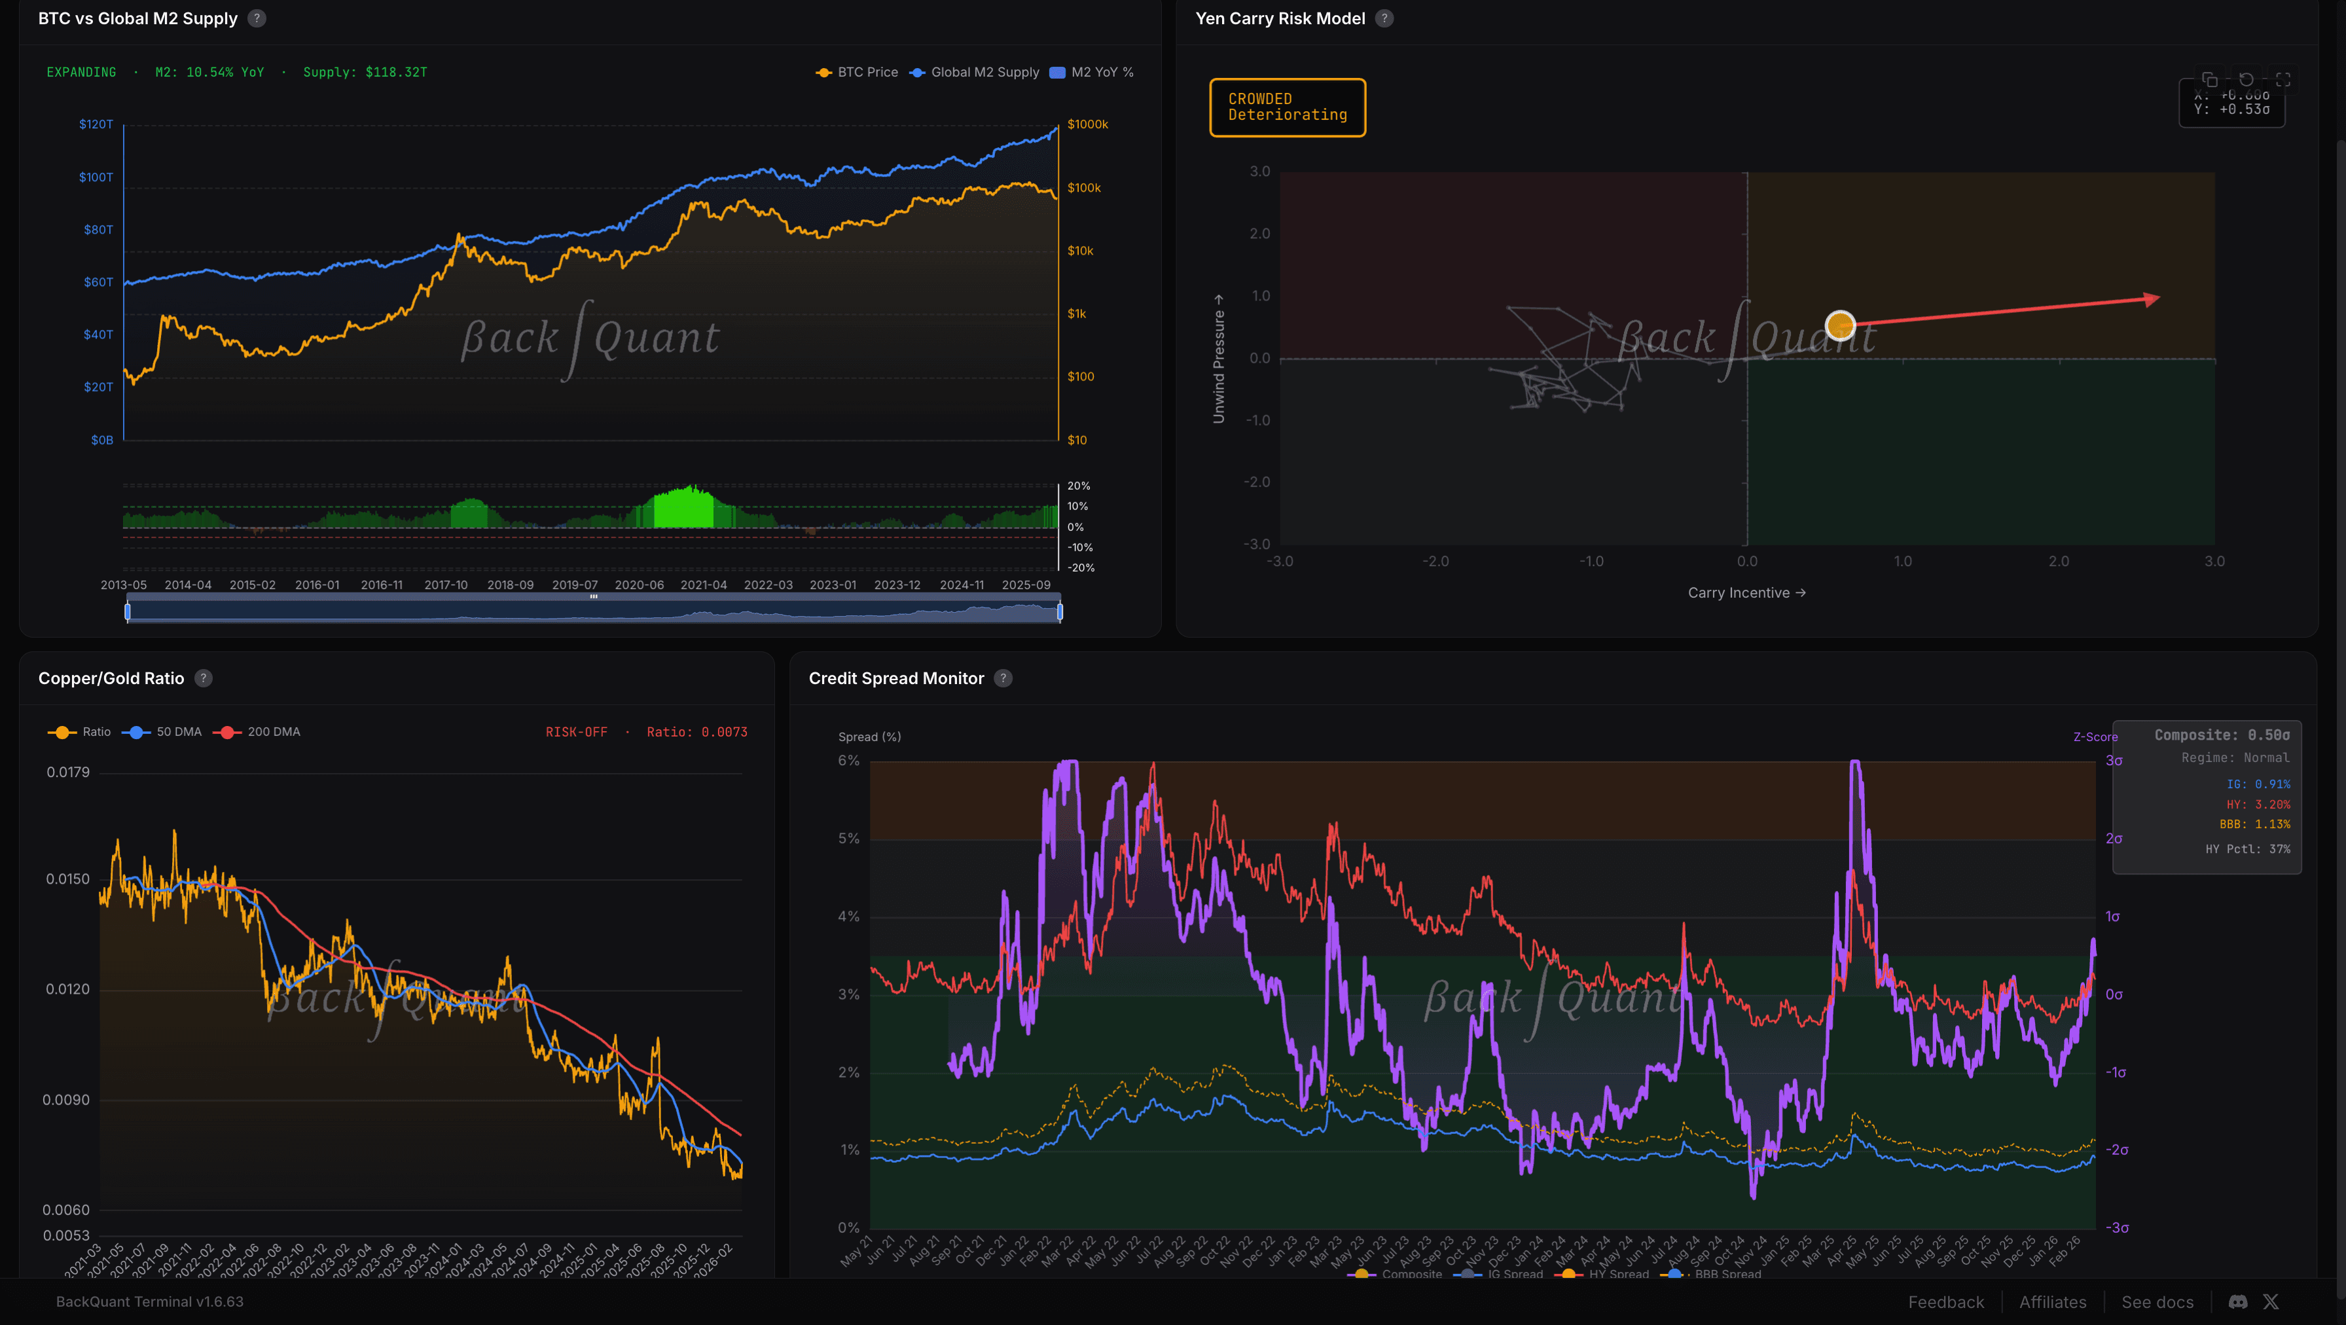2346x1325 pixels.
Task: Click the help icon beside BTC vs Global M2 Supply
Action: [x=257, y=18]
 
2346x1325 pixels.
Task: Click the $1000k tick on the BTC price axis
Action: [x=1087, y=124]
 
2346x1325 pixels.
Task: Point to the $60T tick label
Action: [x=98, y=282]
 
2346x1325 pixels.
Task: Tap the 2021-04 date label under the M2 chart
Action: [x=703, y=585]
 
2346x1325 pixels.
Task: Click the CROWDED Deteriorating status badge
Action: [x=1287, y=107]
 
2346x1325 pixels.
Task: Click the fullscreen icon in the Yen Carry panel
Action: [x=2283, y=80]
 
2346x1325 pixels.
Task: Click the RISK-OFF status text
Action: [x=575, y=732]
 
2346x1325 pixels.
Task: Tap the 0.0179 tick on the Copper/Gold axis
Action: [x=68, y=772]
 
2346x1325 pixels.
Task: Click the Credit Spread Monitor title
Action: [x=895, y=678]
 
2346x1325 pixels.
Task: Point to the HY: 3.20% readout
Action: [x=2258, y=804]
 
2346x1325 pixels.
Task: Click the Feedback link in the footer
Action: [x=1945, y=1302]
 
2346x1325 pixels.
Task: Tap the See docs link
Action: [x=2157, y=1302]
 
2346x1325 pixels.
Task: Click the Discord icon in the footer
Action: [x=2237, y=1302]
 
